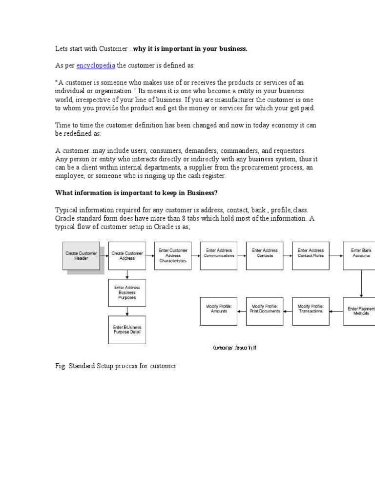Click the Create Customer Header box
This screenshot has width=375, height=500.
[81, 256]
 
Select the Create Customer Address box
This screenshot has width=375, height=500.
[127, 256]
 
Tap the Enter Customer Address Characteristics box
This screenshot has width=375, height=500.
[173, 255]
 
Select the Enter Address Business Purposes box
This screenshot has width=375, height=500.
[127, 292]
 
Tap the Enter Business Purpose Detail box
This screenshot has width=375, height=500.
[127, 330]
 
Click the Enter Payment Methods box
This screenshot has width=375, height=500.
[360, 311]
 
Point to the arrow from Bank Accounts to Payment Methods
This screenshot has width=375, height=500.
[361, 284]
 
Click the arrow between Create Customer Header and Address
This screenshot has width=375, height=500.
[104, 254]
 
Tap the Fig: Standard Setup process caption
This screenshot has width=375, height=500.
[115, 366]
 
